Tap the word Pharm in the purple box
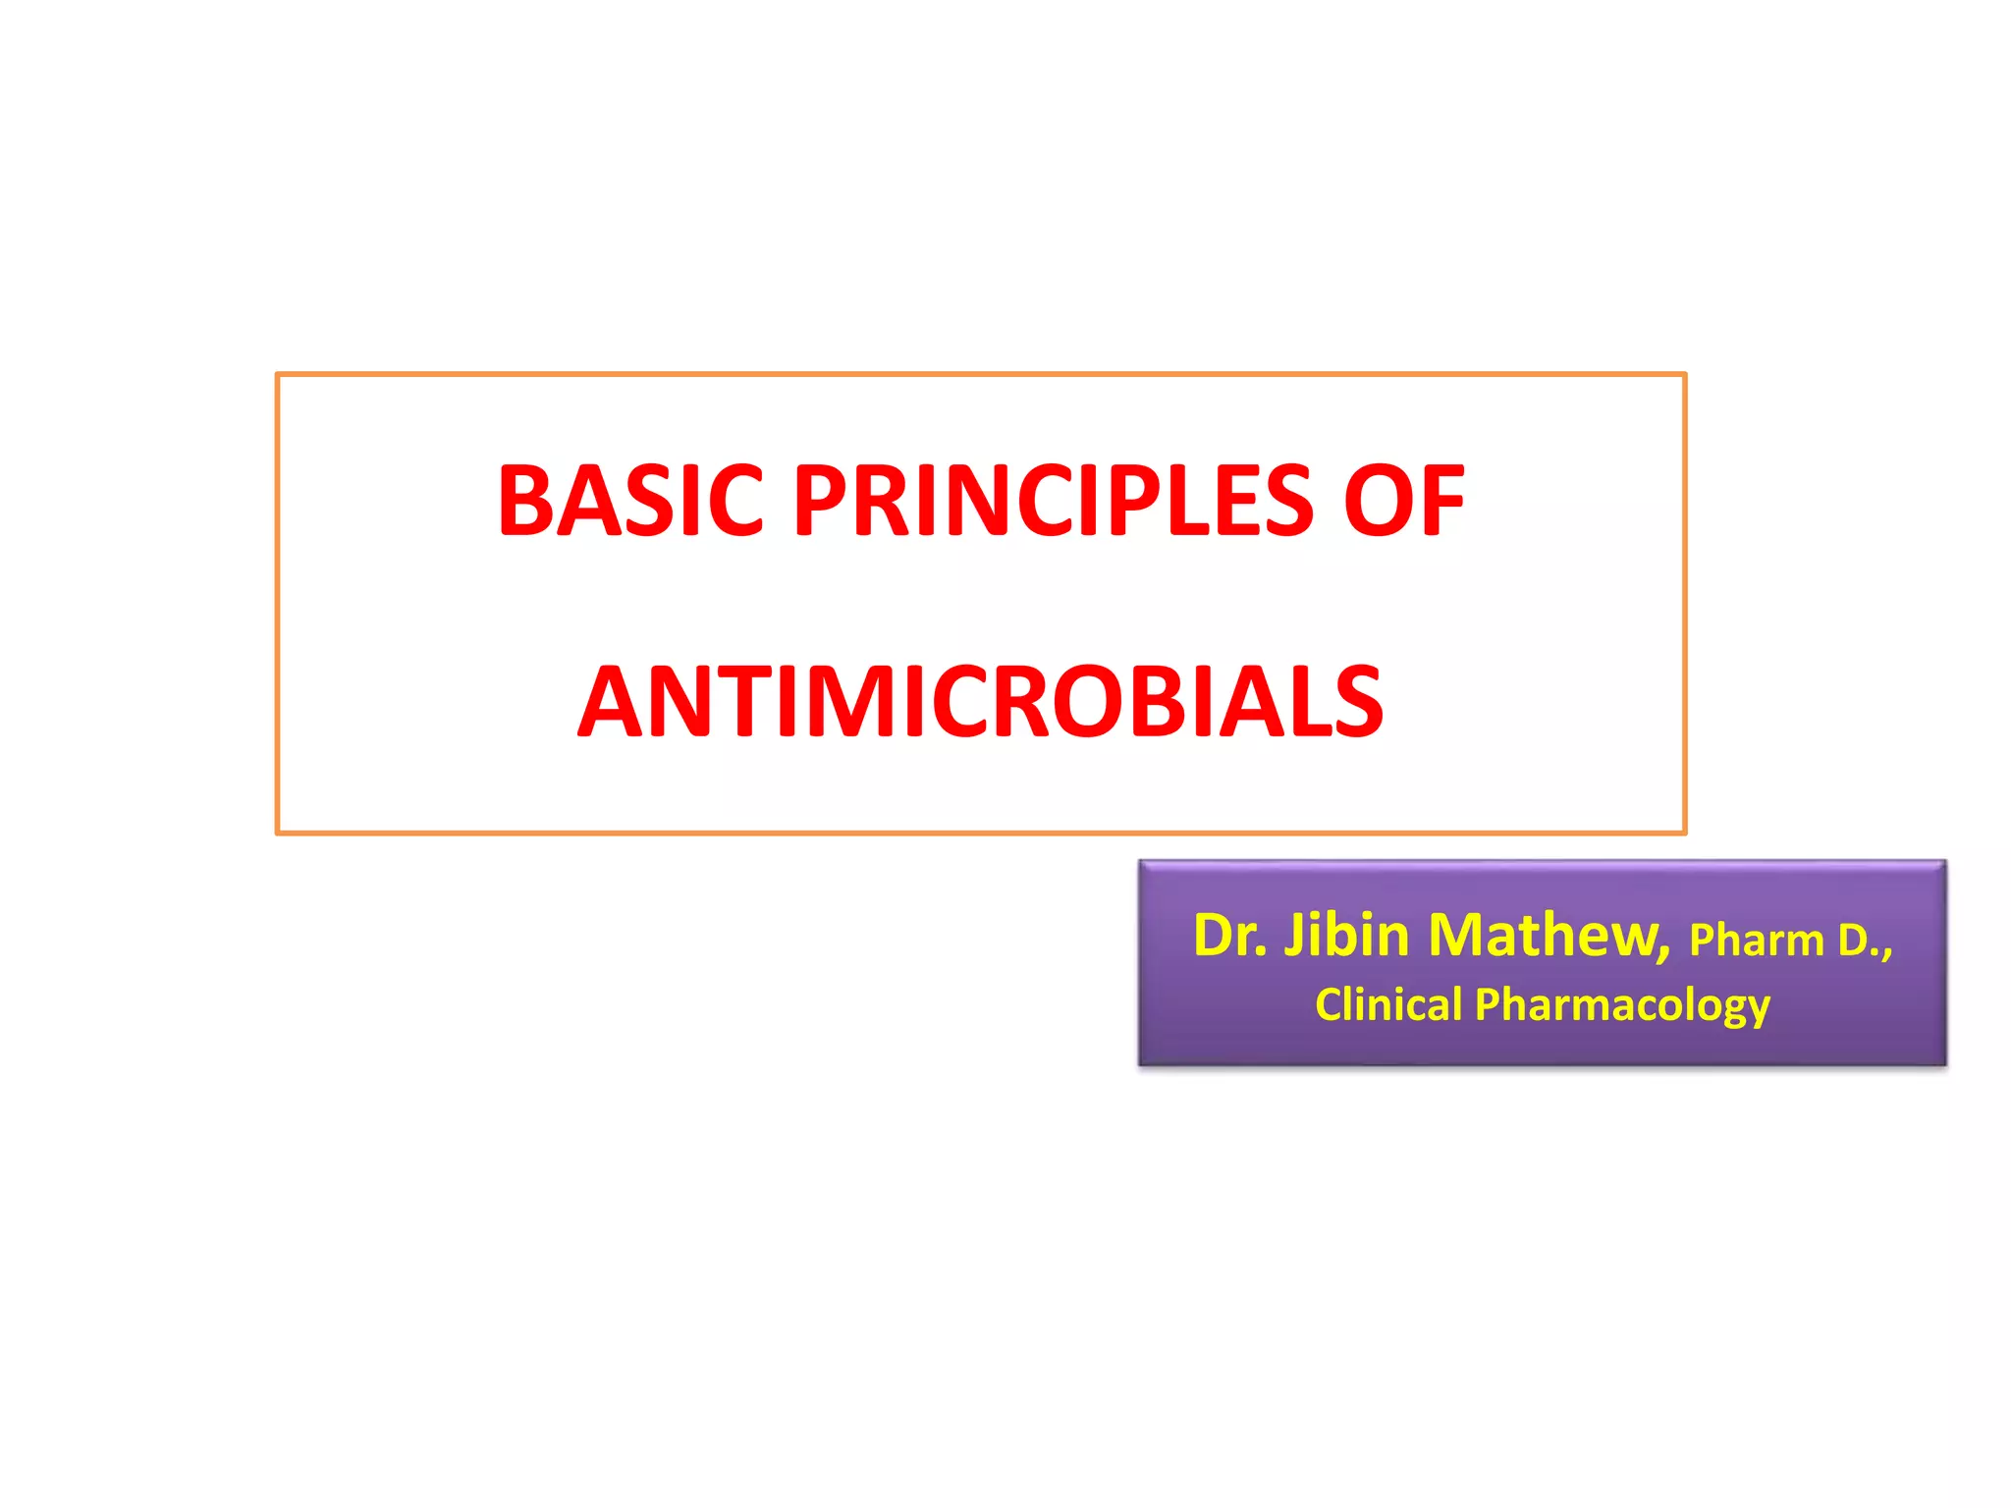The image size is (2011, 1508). click(1756, 942)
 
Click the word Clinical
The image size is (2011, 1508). click(1388, 1004)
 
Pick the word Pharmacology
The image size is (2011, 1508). click(1622, 1006)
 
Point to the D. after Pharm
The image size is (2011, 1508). click(1858, 942)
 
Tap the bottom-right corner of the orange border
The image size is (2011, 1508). click(1684, 833)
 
